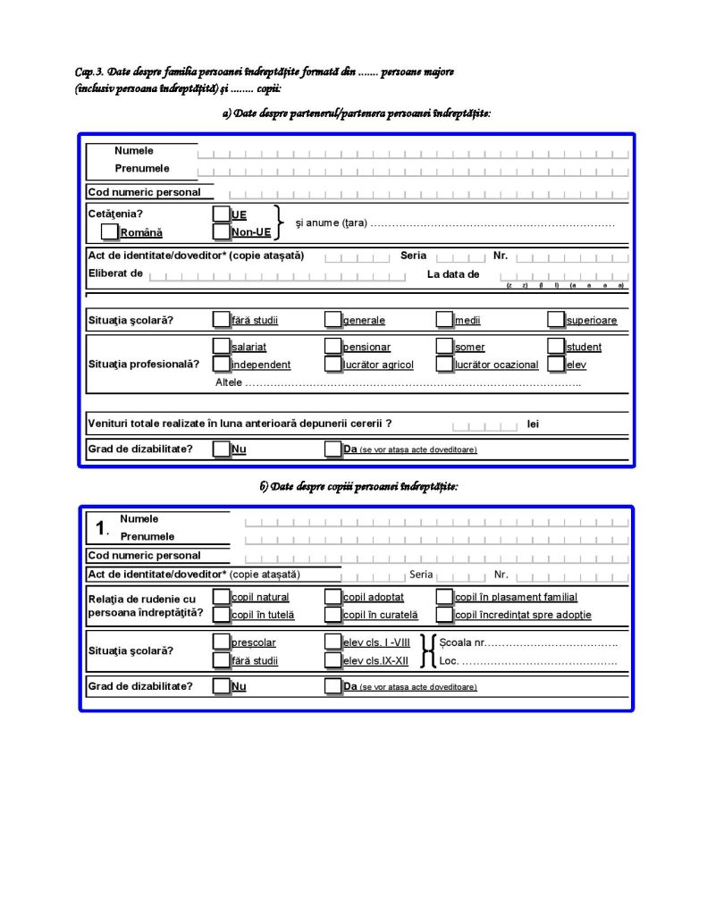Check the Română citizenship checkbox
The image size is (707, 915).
(110, 232)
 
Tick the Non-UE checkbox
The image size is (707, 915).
(221, 232)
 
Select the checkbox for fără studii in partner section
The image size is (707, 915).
(221, 319)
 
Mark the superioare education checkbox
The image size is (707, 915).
(556, 319)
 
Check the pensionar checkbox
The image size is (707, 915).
(332, 346)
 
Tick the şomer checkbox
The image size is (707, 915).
(444, 346)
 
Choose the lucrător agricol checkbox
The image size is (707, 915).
(332, 364)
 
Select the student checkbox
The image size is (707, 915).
(556, 346)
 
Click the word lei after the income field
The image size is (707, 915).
(534, 424)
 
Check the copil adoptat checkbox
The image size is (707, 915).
(332, 596)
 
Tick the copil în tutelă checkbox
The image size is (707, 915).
(221, 614)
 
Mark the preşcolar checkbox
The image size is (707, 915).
(221, 642)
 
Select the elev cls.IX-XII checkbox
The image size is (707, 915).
(332, 660)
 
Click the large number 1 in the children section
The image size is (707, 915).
(101, 528)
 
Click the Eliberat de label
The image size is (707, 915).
(115, 273)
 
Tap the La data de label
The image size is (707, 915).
(453, 274)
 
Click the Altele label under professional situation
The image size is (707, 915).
(229, 382)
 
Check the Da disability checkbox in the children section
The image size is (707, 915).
(332, 686)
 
